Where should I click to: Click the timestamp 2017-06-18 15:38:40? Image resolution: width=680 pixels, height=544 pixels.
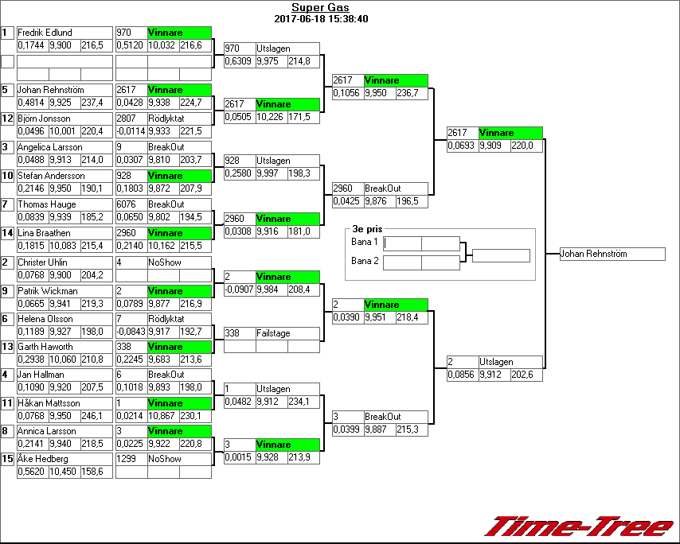(x=320, y=19)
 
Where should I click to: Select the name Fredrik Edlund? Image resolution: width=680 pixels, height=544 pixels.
(x=45, y=33)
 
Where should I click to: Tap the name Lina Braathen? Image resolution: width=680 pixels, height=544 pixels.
(x=43, y=232)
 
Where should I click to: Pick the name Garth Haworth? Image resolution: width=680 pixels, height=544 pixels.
(x=45, y=347)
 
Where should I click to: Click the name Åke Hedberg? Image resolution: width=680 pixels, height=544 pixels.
(x=43, y=459)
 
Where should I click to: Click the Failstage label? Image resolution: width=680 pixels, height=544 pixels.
(x=273, y=333)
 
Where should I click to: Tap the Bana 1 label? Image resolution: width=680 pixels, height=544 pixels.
(x=364, y=242)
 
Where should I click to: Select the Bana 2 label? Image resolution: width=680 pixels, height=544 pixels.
(x=364, y=261)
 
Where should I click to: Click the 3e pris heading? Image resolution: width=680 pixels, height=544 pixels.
(x=367, y=229)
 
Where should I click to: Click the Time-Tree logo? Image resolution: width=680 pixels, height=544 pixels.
(x=580, y=527)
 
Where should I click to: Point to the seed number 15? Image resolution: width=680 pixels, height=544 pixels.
(x=7, y=459)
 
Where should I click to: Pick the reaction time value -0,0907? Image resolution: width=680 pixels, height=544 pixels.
(x=239, y=289)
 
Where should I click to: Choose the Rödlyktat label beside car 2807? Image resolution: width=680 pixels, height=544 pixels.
(x=166, y=119)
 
